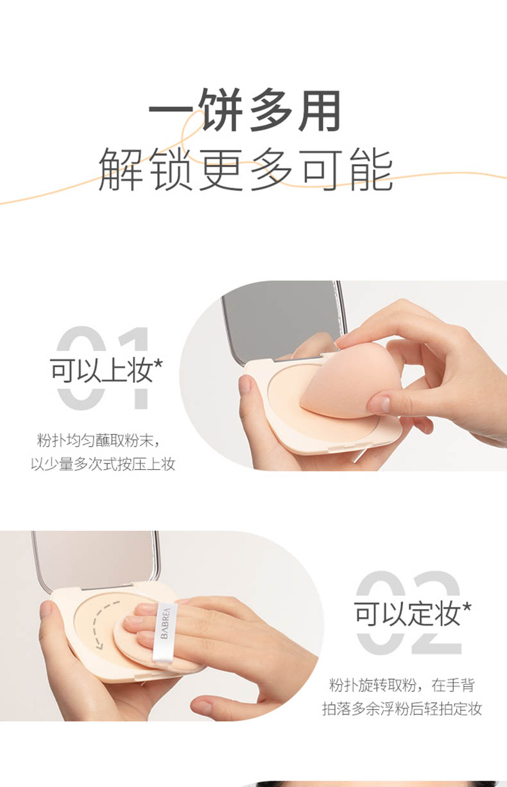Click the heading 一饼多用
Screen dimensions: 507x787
point(245,110)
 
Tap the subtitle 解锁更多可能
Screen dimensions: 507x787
point(246,169)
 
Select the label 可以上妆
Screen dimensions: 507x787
point(102,370)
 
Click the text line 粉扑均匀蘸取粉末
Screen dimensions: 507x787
point(95,440)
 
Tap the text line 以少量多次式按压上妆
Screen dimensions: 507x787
point(103,464)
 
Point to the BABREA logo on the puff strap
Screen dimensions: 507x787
point(165,623)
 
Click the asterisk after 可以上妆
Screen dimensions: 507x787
point(159,365)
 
